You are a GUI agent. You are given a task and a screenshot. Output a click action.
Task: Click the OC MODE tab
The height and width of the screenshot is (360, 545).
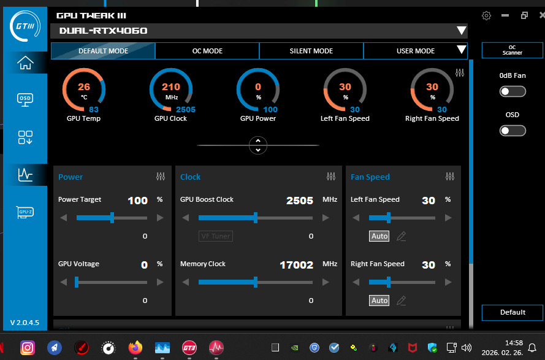[207, 51]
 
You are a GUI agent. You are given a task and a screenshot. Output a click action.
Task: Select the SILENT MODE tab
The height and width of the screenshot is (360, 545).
[311, 51]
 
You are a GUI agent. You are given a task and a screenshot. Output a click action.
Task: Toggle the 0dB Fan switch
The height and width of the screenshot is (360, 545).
[513, 91]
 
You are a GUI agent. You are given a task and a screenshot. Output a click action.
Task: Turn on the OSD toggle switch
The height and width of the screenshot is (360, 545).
[513, 130]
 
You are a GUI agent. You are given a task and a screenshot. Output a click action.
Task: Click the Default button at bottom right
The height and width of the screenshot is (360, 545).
[513, 312]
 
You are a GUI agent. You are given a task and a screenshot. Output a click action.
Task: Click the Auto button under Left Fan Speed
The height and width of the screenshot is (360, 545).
[379, 236]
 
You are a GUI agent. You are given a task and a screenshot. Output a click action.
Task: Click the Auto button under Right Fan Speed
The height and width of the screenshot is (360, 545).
[379, 301]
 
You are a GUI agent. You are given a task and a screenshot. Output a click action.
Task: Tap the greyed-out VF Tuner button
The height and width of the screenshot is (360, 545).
[216, 236]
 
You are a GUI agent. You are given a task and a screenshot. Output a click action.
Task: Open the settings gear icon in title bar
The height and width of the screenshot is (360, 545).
[486, 16]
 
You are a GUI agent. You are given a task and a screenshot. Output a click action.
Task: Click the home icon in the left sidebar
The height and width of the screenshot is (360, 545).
[25, 63]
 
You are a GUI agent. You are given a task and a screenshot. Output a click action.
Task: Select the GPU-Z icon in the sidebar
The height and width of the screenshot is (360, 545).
[25, 212]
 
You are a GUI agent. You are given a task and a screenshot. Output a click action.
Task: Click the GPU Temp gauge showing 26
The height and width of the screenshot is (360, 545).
[84, 92]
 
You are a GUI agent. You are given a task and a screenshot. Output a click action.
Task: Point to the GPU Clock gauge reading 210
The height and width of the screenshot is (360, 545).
[171, 92]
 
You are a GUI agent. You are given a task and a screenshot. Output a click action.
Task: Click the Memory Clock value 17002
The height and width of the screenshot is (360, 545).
[296, 264]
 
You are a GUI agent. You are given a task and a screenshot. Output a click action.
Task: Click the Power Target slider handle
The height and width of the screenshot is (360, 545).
[112, 218]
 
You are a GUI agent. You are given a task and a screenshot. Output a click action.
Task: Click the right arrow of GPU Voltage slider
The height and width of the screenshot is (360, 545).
[161, 282]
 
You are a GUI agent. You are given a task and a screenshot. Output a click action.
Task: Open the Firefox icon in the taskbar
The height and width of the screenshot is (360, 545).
[135, 348]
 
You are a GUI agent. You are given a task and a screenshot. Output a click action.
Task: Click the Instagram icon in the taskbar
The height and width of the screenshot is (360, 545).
[28, 348]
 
